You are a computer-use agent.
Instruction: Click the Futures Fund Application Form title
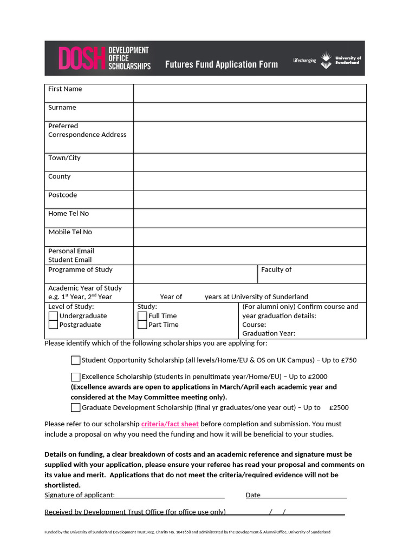221,64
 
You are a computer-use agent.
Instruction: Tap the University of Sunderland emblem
326,60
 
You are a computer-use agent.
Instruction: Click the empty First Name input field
250,94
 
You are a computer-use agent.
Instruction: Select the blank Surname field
250,112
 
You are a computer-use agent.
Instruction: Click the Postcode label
63,195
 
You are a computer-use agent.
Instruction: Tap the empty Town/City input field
250,162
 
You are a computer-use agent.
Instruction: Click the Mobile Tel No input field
250,237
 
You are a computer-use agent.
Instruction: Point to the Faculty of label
276,269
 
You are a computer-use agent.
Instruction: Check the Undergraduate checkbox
53,316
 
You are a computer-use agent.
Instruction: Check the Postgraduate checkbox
53,325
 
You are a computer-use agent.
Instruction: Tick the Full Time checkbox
142,316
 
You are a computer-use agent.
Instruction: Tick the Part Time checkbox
142,325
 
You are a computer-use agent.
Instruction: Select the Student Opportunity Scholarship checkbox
76,360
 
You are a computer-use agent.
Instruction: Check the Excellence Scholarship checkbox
76,377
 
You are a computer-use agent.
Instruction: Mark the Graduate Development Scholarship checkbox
76,408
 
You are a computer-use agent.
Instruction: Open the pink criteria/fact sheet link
170,424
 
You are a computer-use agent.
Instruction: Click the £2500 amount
339,408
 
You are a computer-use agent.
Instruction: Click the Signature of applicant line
169,495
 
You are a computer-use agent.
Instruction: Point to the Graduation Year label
269,333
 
